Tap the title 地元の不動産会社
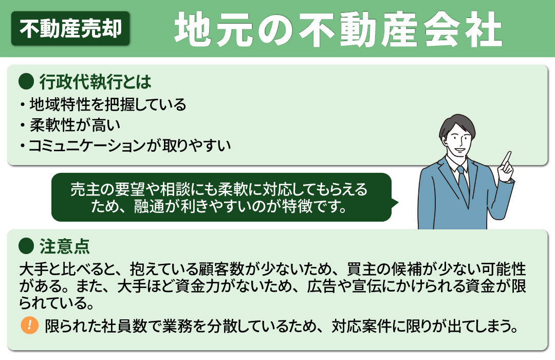(x=338, y=29)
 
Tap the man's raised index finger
(x=508, y=157)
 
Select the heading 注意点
(x=64, y=246)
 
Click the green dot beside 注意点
(x=25, y=246)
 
